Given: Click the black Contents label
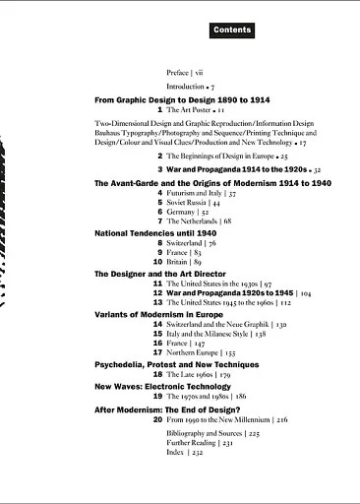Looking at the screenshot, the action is tap(232, 31).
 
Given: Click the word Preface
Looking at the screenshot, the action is tap(178, 73).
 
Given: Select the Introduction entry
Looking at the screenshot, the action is tap(185, 87).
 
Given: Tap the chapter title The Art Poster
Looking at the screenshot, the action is tap(185, 111).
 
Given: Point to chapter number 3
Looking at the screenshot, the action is tap(159, 169).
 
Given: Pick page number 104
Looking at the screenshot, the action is tap(306, 292).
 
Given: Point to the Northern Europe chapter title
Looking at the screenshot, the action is tap(194, 351).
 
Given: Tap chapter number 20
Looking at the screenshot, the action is tap(156, 419).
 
